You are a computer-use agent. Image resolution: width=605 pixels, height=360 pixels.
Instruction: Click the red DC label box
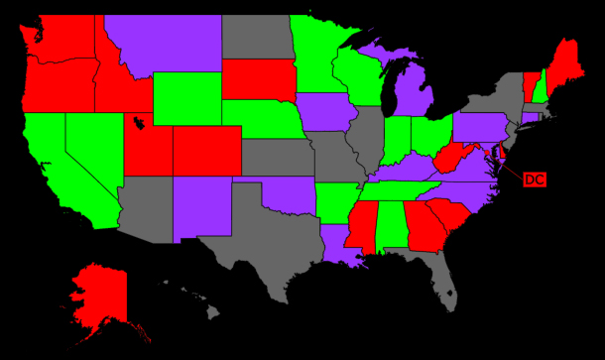pyautogui.click(x=534, y=180)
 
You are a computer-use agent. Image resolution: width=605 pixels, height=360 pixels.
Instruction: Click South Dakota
pyautogui.click(x=256, y=81)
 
